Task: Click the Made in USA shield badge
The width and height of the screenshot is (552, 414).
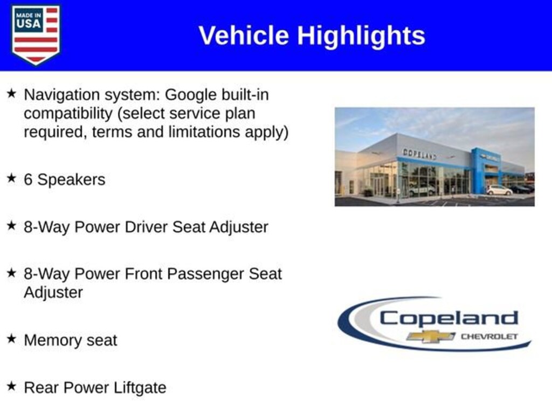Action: click(36, 34)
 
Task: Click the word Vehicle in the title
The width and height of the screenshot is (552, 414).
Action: click(244, 35)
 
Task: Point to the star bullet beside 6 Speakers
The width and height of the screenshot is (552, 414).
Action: click(11, 178)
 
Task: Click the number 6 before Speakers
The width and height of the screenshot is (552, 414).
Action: click(28, 180)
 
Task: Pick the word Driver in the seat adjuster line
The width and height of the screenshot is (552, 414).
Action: click(146, 227)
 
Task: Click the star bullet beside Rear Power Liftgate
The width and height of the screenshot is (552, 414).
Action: click(11, 386)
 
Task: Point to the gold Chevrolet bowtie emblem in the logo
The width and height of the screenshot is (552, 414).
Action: click(431, 336)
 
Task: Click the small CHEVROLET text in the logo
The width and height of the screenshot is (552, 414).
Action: click(489, 336)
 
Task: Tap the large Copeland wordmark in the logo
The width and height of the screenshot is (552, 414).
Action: click(449, 318)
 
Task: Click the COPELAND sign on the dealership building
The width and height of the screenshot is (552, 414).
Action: click(419, 154)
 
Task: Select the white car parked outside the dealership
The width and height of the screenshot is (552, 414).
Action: click(499, 190)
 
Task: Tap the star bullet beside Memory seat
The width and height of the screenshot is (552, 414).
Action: click(11, 339)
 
